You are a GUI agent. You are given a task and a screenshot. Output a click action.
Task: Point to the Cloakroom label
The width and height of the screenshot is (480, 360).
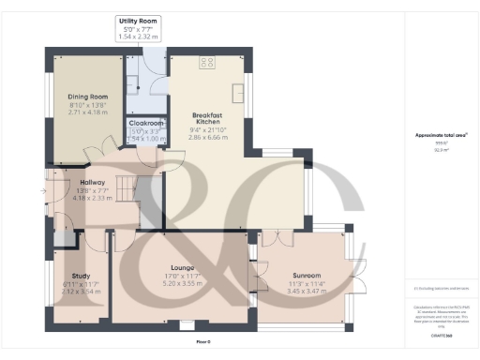(x=145, y=123)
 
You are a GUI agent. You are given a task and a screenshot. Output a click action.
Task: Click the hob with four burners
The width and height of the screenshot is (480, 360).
(x=205, y=63)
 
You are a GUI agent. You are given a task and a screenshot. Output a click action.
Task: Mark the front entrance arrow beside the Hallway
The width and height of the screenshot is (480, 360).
(x=39, y=187)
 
